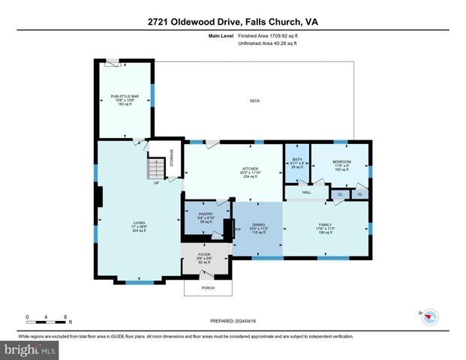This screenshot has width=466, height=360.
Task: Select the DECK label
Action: click(254, 100)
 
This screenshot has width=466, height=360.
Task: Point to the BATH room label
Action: click(296, 163)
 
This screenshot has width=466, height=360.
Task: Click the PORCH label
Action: click(209, 287)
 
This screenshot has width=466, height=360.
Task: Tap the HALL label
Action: click(307, 193)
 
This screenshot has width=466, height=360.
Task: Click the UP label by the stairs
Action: click(156, 183)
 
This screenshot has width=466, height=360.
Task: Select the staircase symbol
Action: click(156, 167)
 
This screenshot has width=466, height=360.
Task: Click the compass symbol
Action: click(429, 317)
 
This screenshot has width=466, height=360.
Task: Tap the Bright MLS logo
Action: click(30, 349)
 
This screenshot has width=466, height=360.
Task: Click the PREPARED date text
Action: click(233, 319)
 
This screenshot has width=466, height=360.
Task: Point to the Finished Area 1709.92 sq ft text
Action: click(267, 36)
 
